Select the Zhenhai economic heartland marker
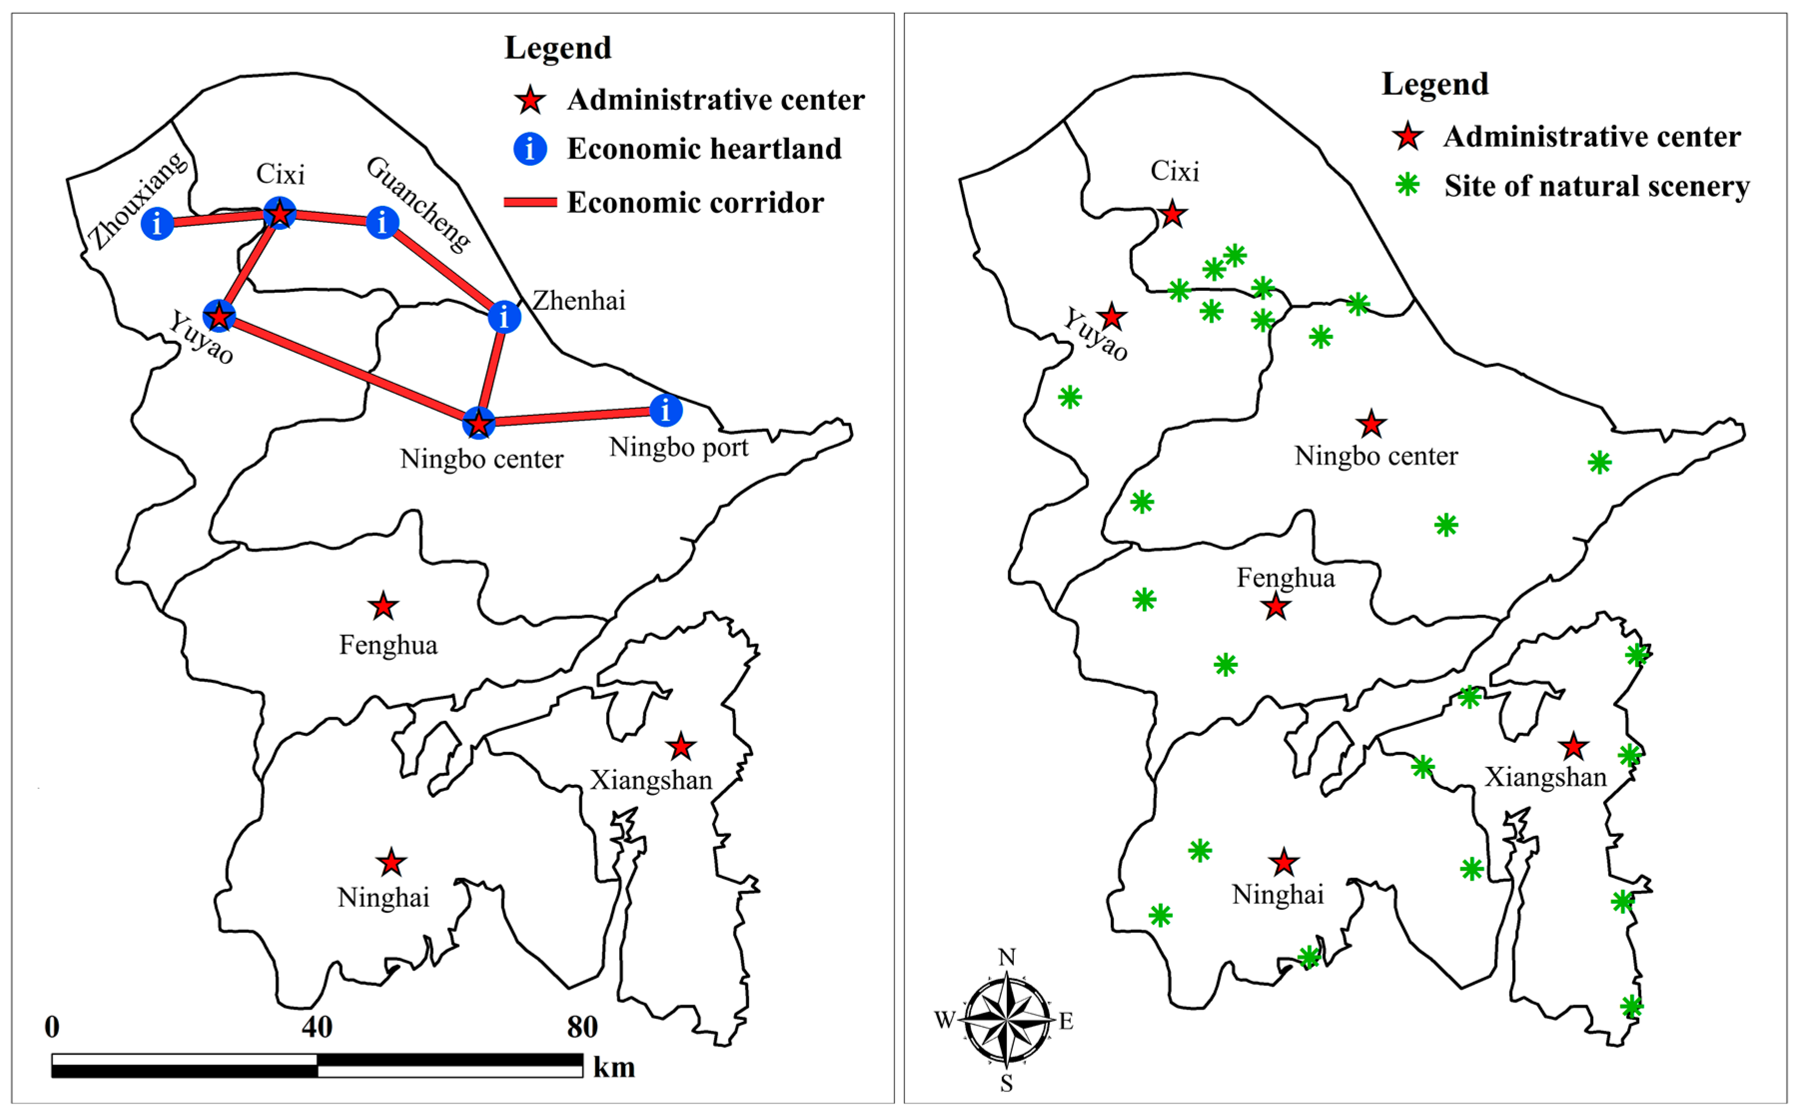click(x=504, y=317)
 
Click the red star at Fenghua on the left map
click(x=383, y=606)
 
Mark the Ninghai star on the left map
click(x=391, y=862)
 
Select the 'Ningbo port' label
click(x=678, y=447)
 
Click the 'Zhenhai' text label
click(x=579, y=301)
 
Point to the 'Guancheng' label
click(x=418, y=204)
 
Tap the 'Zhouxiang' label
click(x=138, y=200)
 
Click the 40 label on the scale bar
click(x=317, y=1026)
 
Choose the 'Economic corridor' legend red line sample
click(x=530, y=202)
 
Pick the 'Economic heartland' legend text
click(x=704, y=149)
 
